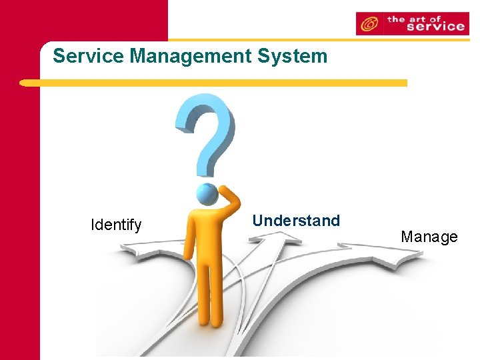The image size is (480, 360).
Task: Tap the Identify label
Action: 116,225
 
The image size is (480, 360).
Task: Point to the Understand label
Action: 296,221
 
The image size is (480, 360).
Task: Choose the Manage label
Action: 429,237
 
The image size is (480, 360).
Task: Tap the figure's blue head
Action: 208,194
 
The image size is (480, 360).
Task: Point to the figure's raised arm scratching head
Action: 229,201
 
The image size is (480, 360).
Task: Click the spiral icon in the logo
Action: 368,25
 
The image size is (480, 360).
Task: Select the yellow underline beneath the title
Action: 213,83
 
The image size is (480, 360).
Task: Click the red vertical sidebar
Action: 20,200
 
